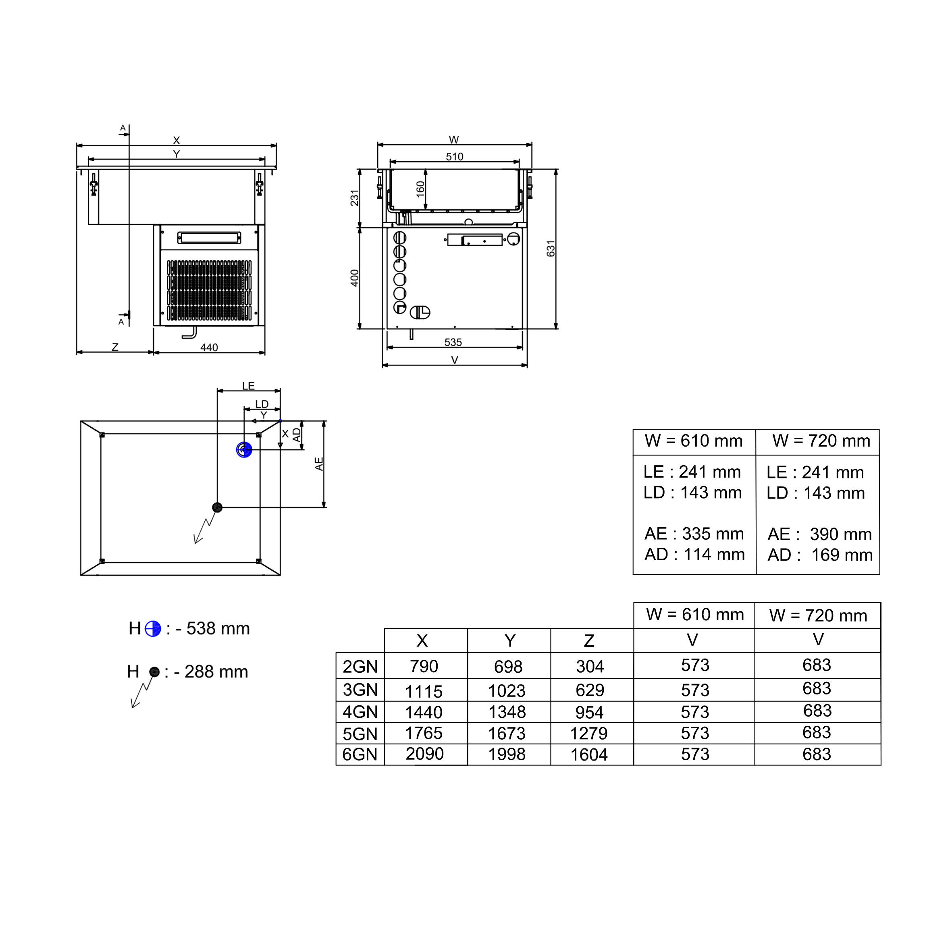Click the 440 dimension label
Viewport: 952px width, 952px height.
(x=209, y=347)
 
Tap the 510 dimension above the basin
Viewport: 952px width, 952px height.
(x=454, y=157)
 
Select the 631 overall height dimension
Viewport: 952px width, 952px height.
(x=551, y=248)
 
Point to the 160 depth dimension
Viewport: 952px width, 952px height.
(x=420, y=189)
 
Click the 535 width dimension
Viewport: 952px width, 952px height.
(x=453, y=342)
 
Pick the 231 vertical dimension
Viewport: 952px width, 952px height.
(x=355, y=197)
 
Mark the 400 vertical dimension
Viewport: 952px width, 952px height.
(x=355, y=278)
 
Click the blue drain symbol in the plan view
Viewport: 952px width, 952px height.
(x=244, y=449)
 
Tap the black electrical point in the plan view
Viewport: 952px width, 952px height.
(x=217, y=507)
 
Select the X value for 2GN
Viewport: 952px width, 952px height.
(x=424, y=666)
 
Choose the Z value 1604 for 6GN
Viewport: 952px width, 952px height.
(x=589, y=755)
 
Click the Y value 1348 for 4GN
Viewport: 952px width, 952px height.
(x=507, y=712)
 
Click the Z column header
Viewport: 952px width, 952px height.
(x=589, y=640)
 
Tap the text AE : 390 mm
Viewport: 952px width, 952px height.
(x=819, y=534)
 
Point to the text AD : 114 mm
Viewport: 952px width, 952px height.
(x=694, y=554)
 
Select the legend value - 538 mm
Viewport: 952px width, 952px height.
(x=213, y=628)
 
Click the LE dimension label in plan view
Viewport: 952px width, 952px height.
(x=248, y=386)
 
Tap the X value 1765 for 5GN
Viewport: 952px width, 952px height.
(x=424, y=733)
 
